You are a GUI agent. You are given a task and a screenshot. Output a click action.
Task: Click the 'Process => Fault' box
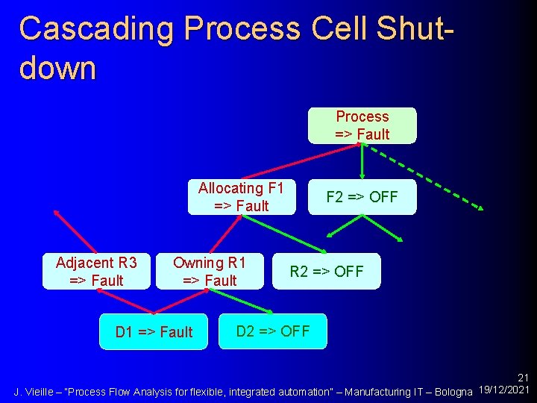(362, 125)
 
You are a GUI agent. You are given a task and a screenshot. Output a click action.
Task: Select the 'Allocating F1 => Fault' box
(241, 197)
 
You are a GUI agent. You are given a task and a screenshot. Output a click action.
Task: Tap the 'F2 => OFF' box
(362, 197)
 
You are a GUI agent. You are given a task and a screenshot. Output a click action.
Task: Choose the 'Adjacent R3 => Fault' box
(96, 272)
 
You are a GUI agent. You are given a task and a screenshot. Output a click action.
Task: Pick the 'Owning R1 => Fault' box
(210, 272)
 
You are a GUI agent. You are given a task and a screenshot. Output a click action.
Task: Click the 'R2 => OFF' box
(327, 272)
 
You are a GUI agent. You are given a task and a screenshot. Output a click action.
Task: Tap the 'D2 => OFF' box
(273, 331)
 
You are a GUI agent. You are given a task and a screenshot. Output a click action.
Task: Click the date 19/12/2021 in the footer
(506, 391)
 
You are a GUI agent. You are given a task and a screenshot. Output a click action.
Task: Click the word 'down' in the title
(58, 68)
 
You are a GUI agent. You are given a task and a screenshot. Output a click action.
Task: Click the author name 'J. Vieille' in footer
(34, 392)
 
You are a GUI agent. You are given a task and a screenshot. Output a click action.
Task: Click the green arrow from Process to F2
(362, 160)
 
